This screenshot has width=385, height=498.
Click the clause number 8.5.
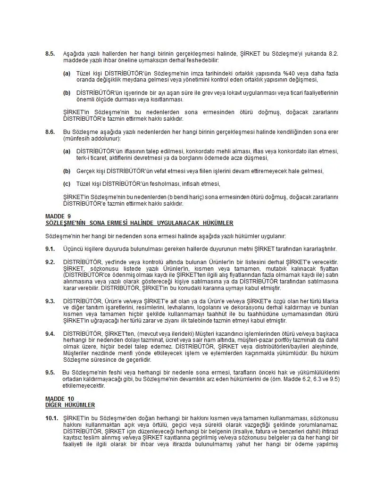(50, 54)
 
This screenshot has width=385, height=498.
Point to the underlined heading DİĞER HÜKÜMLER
(70, 405)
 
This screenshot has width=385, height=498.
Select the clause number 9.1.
(50, 249)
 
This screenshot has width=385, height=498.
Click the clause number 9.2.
(50, 262)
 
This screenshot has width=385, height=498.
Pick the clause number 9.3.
(50, 301)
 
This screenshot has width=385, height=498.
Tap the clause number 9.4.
(50, 334)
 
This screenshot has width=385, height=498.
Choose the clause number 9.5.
(50, 373)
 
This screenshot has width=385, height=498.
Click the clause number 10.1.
(51, 418)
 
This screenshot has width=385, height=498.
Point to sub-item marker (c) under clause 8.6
(67, 184)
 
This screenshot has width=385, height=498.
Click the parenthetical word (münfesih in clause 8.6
(76, 138)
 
